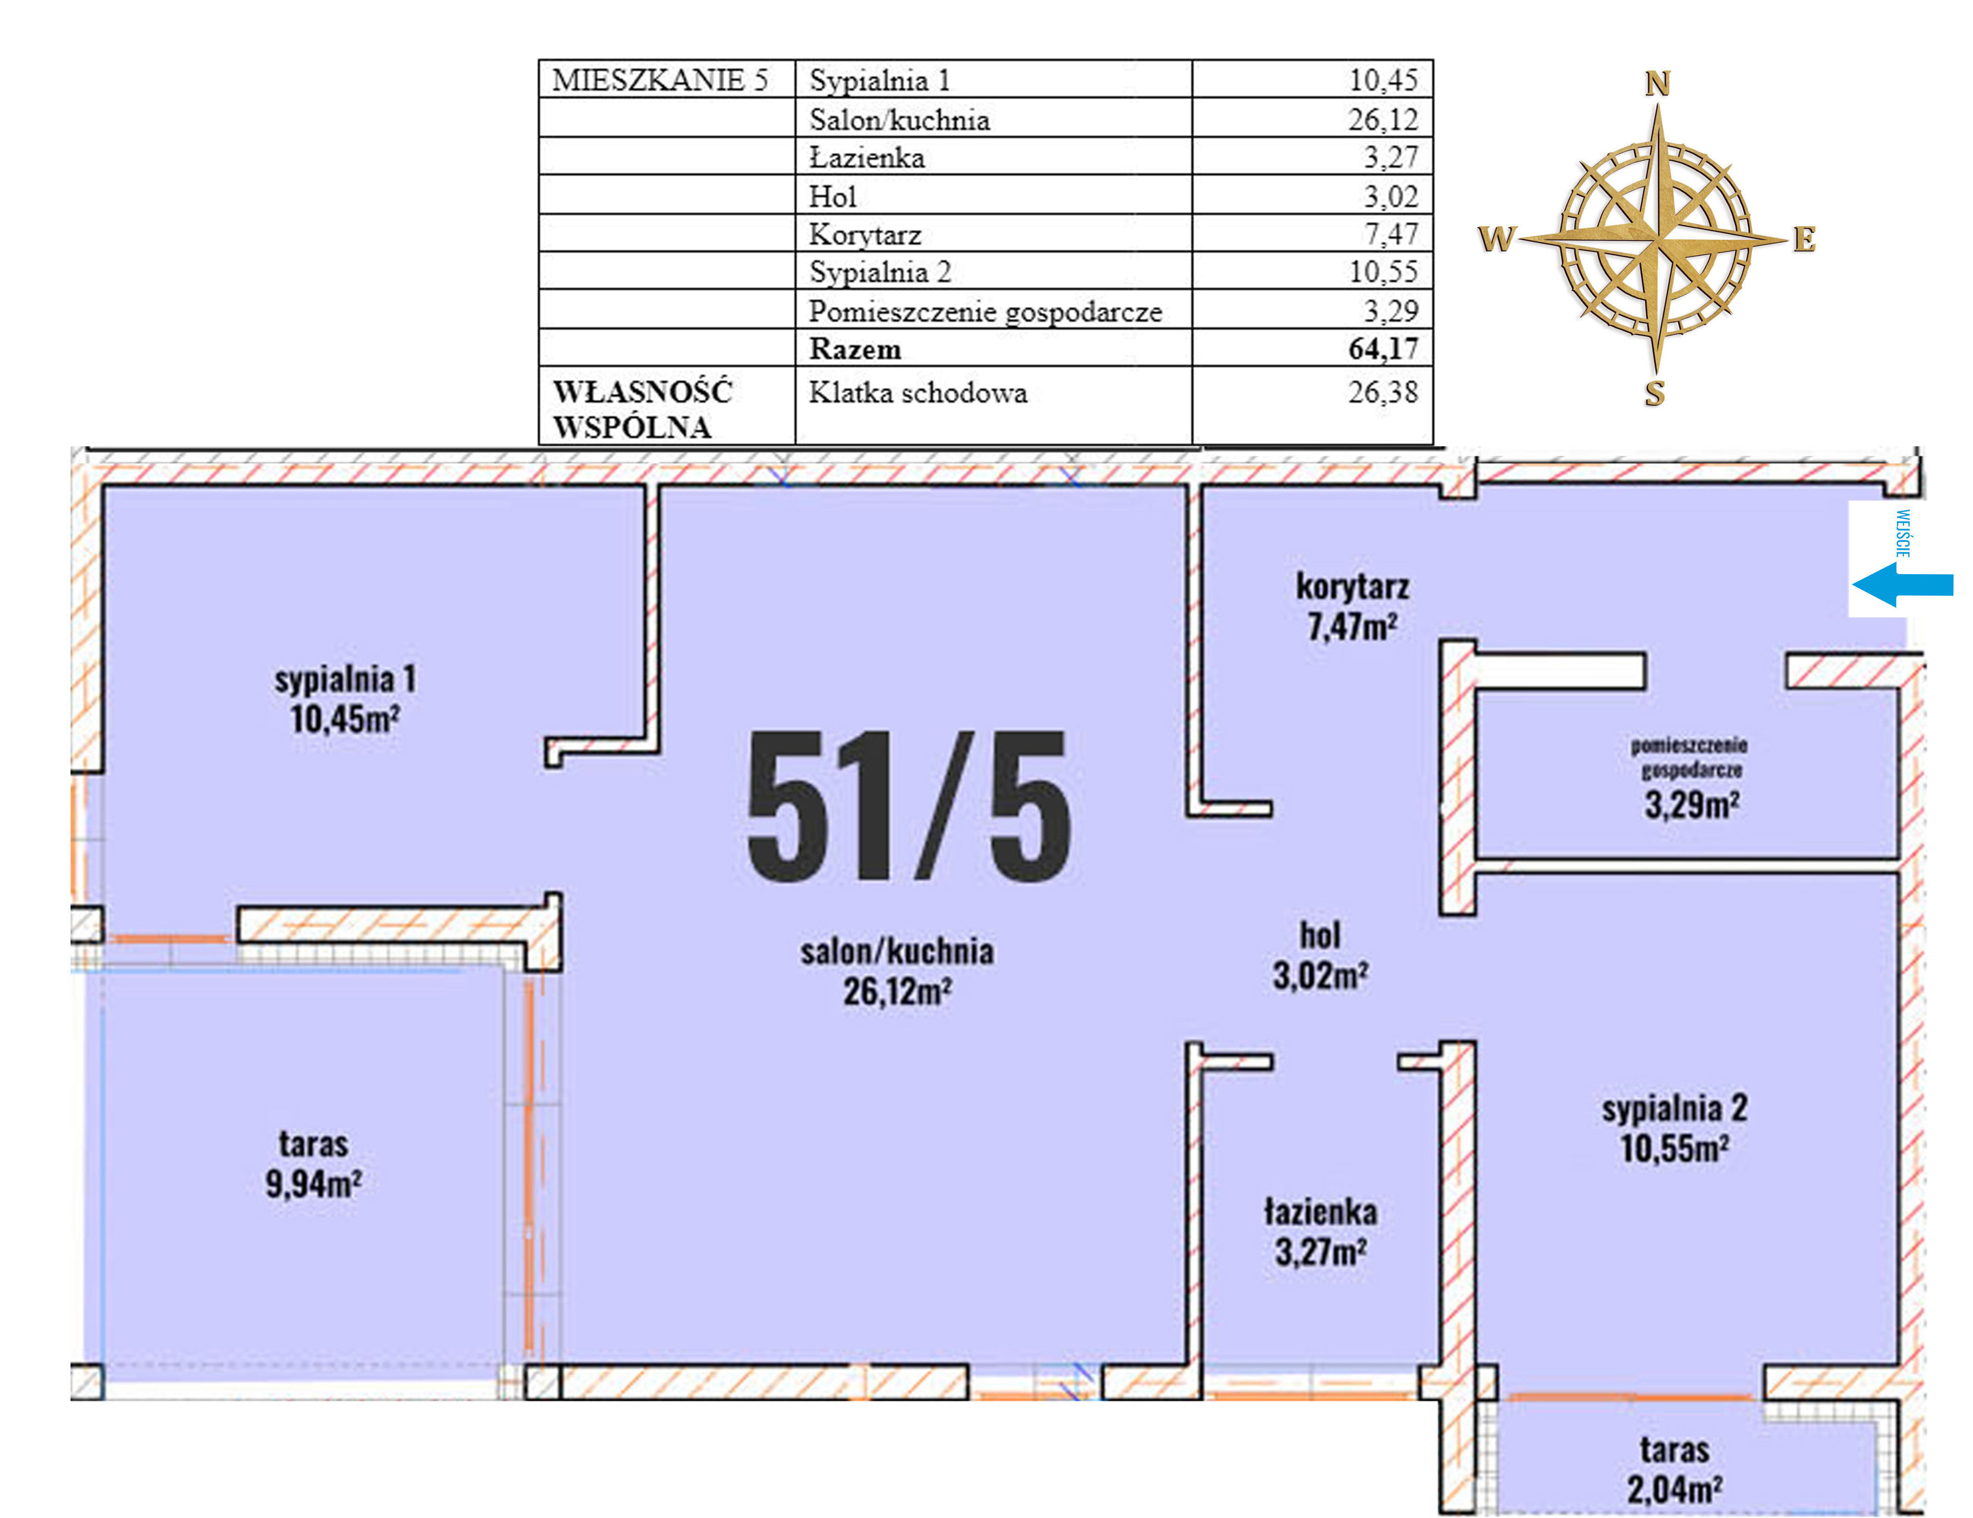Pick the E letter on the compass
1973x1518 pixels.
(x=1804, y=239)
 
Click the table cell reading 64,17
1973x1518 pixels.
(x=1383, y=349)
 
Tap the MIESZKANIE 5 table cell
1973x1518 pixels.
(x=660, y=80)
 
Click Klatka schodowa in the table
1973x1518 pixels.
(x=918, y=393)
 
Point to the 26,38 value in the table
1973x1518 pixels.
(x=1383, y=392)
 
